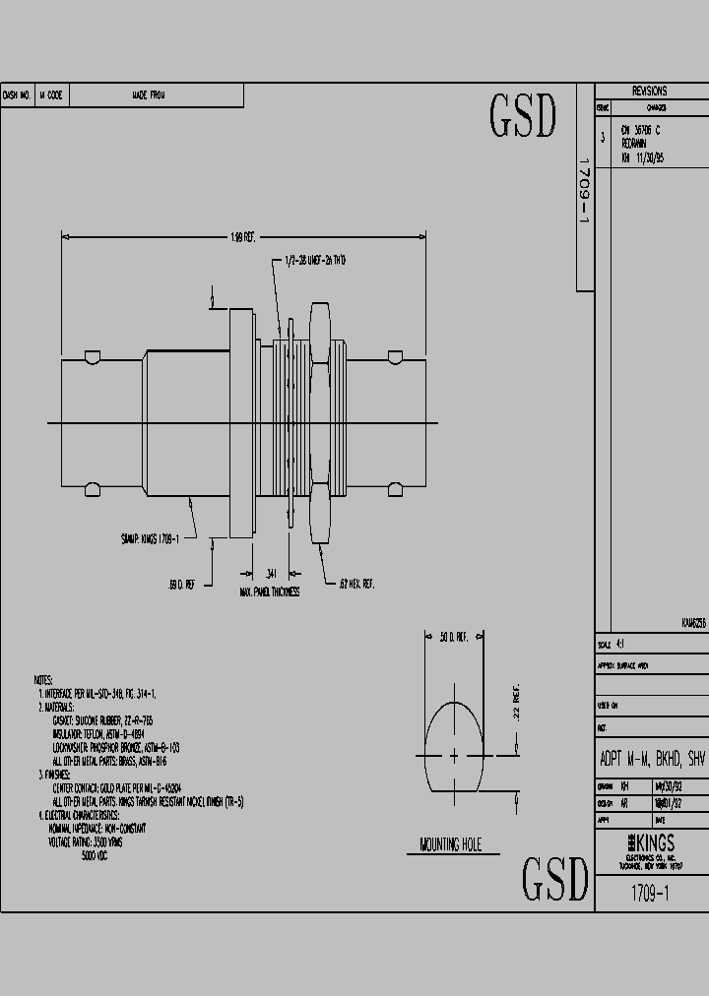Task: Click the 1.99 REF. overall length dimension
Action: pos(242,236)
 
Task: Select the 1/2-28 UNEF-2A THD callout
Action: pos(315,260)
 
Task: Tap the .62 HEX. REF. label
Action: pos(355,585)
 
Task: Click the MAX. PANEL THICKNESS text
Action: pos(269,592)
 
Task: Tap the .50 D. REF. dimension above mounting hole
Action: pos(453,638)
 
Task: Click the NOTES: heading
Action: pos(43,680)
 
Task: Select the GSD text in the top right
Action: pos(523,117)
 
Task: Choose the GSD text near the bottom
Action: pos(553,879)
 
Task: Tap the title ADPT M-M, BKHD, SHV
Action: pos(652,759)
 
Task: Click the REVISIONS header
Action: pos(650,91)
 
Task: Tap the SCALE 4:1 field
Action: pos(612,646)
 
